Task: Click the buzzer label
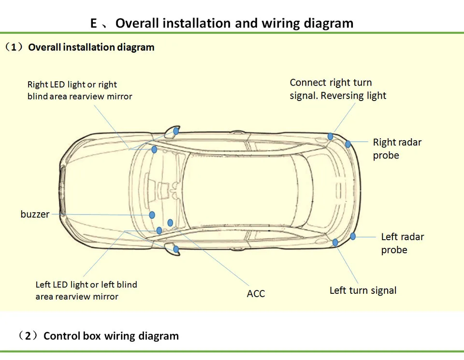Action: [35, 214]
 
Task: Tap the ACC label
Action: [256, 294]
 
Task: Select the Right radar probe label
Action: [397, 149]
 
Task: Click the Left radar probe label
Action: [403, 243]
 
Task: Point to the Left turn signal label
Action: [363, 290]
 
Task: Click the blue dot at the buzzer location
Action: [152, 215]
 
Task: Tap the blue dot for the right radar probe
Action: [348, 144]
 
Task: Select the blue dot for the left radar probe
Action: [353, 236]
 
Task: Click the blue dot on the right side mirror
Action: [176, 131]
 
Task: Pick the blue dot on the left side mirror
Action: [176, 249]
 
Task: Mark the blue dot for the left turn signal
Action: [335, 243]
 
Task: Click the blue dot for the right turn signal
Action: [330, 136]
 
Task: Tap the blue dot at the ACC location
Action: [170, 222]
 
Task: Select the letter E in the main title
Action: [93, 23]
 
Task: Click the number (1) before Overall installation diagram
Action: [14, 47]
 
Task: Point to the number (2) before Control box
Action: [28, 336]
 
